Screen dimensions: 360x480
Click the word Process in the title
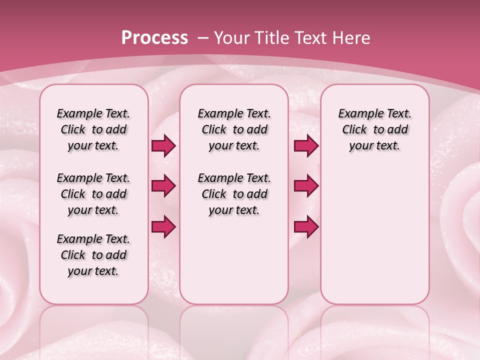click(x=154, y=37)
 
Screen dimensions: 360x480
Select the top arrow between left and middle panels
click(x=163, y=146)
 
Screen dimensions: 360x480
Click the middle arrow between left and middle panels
click(x=163, y=186)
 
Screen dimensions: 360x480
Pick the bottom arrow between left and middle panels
click(x=163, y=226)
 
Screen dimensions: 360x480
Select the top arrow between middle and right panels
click(x=306, y=146)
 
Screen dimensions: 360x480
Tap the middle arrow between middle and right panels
click(x=306, y=186)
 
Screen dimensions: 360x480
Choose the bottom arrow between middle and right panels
click(x=306, y=226)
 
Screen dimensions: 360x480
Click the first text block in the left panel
click(x=93, y=129)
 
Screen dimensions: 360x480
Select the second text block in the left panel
click(x=93, y=194)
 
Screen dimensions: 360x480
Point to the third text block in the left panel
click(x=93, y=255)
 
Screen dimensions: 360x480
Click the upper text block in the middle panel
click(x=234, y=129)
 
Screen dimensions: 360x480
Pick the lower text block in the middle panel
click(x=234, y=194)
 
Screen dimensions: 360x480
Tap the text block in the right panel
click(x=374, y=129)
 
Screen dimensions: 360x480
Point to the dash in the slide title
click(x=203, y=37)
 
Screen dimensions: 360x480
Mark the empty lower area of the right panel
click(x=374, y=240)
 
